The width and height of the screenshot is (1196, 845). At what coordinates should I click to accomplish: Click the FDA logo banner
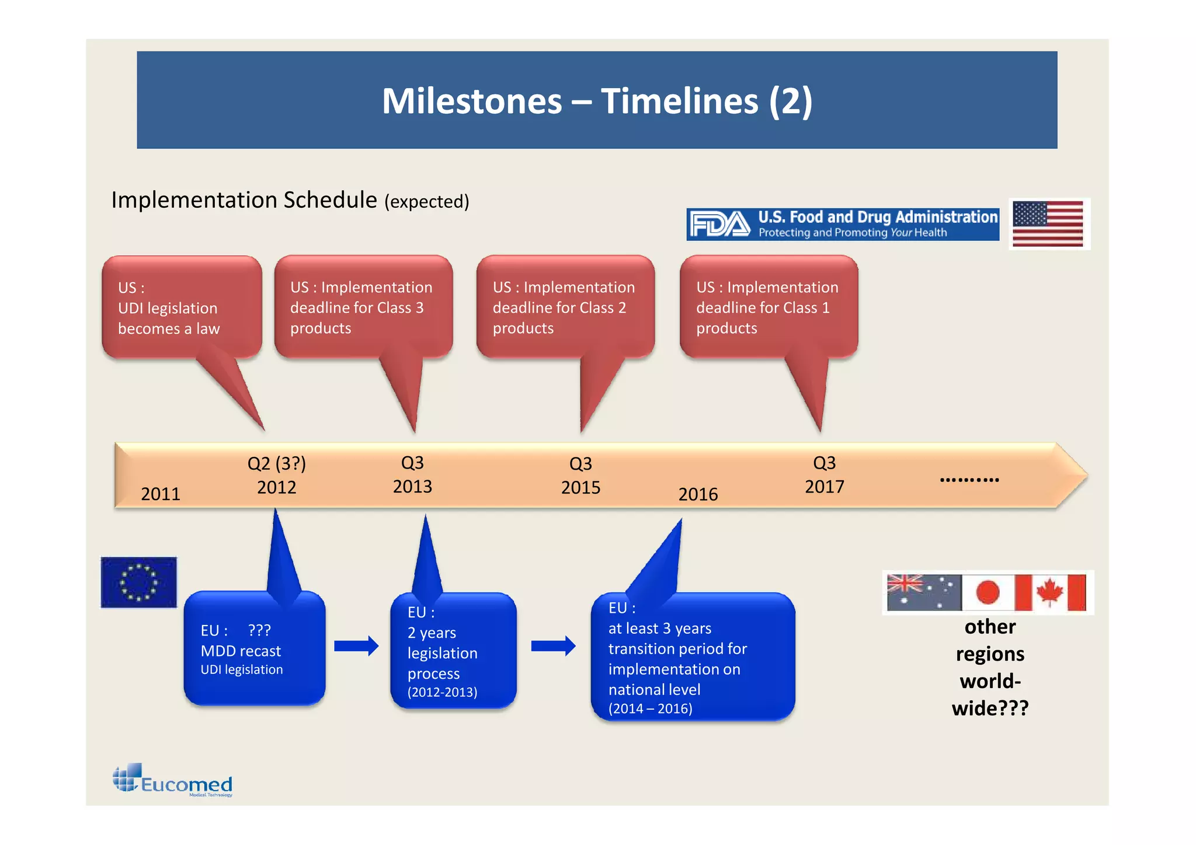[x=842, y=225]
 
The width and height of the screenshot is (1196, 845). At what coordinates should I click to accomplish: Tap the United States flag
[x=1048, y=224]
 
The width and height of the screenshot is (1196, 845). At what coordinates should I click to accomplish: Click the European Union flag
[x=139, y=582]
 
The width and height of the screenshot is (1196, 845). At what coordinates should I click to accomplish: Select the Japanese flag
[x=988, y=592]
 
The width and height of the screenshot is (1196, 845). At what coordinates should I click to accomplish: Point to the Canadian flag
[x=1051, y=592]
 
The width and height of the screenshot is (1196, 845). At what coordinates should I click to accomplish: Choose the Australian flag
[x=923, y=592]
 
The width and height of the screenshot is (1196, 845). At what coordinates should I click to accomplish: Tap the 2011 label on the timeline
[x=161, y=494]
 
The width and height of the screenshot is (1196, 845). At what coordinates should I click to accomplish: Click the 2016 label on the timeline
[x=698, y=495]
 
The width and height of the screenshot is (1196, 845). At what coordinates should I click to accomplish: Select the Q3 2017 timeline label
[x=825, y=475]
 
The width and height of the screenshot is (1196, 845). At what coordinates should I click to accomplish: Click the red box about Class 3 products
[x=363, y=308]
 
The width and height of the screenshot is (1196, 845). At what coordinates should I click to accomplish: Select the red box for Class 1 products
[x=769, y=308]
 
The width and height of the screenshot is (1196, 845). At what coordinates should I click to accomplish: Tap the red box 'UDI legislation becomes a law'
[x=182, y=308]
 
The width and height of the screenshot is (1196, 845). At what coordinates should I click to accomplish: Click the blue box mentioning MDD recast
[x=254, y=650]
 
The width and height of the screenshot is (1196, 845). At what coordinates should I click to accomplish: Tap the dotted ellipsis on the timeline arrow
[x=969, y=480]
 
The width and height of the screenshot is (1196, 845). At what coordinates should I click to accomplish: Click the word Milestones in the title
[x=472, y=101]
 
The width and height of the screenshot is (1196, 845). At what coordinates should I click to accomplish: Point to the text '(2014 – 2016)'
[x=650, y=708]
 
